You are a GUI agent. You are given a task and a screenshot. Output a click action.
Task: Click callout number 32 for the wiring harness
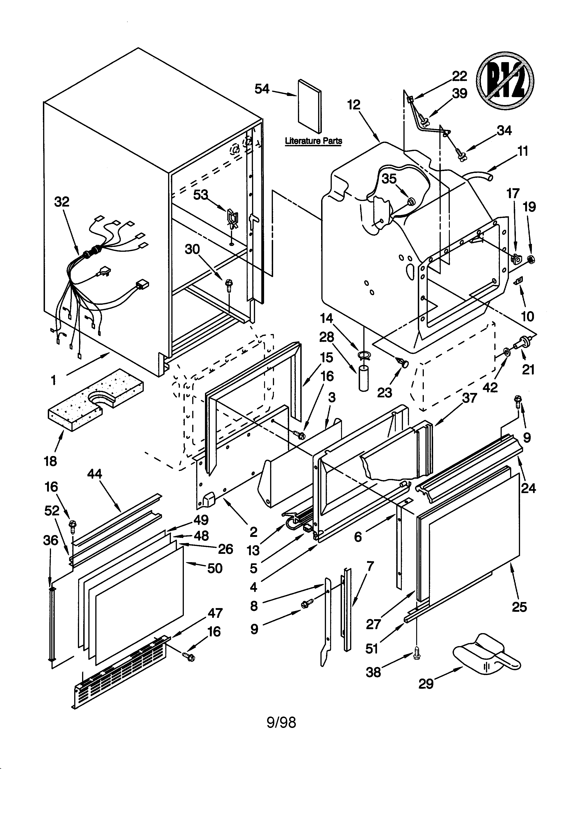pos(62,202)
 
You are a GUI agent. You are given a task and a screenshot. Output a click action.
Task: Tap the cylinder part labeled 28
pos(364,379)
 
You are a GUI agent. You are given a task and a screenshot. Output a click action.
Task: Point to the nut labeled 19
pos(531,260)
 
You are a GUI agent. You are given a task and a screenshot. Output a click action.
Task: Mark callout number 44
pos(94,474)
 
